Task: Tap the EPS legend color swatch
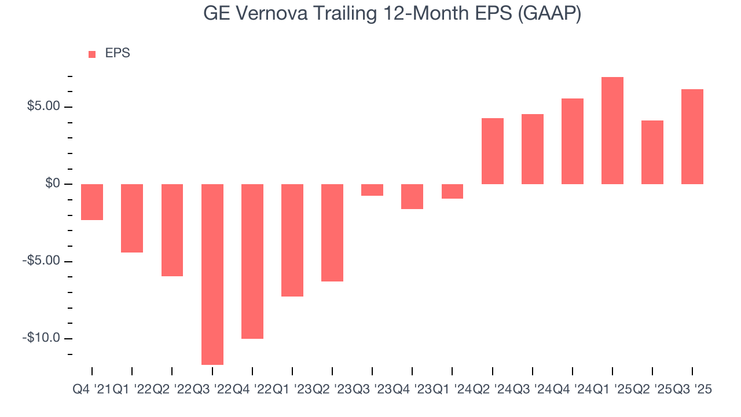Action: point(92,54)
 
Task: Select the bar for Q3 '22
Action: point(212,274)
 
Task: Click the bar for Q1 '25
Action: point(612,130)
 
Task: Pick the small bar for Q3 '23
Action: point(372,190)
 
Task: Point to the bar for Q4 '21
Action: point(92,202)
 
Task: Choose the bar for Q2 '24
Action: point(493,151)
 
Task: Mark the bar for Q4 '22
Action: point(252,261)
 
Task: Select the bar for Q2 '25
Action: point(652,152)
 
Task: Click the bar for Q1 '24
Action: point(452,191)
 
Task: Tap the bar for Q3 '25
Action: point(692,137)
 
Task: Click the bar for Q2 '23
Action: point(332,232)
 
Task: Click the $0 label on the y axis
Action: point(53,184)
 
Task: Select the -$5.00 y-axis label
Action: point(41,261)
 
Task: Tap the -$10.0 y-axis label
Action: point(41,338)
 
